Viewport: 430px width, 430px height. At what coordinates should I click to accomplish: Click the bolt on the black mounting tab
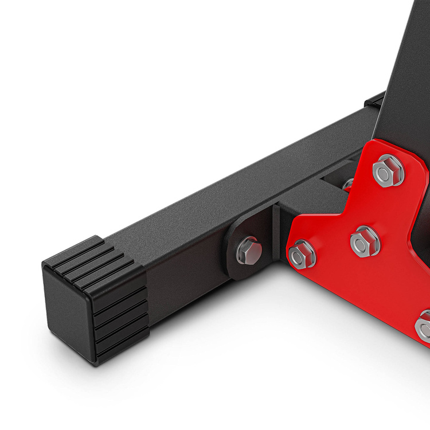tap(249, 251)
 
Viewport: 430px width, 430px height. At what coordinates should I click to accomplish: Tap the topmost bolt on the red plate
tap(388, 170)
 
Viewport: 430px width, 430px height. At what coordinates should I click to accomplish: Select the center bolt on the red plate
tap(365, 240)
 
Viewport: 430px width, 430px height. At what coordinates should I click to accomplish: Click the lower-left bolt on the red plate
tap(303, 254)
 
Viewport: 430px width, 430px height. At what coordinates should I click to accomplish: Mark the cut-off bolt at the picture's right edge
tap(424, 326)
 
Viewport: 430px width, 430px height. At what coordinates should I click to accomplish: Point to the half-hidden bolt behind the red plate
tap(348, 185)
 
